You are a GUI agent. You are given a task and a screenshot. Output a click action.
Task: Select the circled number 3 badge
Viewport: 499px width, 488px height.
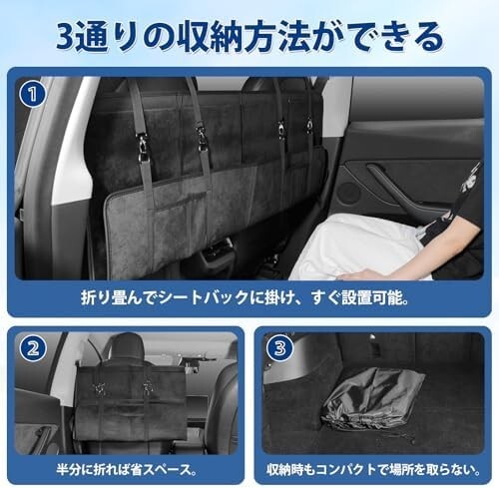(282, 350)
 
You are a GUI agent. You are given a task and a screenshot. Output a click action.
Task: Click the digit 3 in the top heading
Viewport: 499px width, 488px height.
(71, 36)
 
